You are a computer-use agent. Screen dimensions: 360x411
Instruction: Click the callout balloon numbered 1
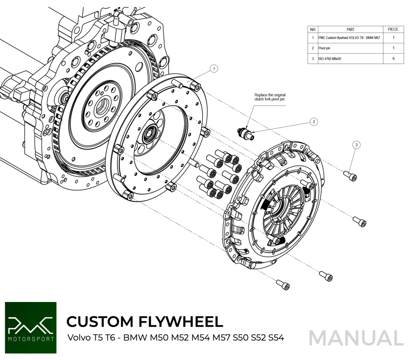click(x=214, y=69)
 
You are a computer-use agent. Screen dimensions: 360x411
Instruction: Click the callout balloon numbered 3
click(x=356, y=145)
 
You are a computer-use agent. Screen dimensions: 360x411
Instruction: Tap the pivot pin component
click(x=246, y=133)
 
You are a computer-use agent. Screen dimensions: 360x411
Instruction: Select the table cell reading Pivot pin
click(x=324, y=48)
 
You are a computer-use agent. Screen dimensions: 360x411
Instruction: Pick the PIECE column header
click(x=393, y=29)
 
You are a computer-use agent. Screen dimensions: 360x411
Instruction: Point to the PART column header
click(x=350, y=29)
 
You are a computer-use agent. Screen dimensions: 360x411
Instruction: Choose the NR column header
click(x=313, y=29)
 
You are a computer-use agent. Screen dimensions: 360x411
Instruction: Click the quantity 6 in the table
click(x=393, y=59)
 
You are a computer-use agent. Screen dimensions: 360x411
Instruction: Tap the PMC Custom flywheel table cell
click(x=349, y=38)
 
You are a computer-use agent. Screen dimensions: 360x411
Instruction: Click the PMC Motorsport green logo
click(x=31, y=328)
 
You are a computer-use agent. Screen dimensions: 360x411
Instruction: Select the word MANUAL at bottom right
click(x=356, y=337)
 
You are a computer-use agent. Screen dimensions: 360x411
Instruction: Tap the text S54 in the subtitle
click(x=277, y=337)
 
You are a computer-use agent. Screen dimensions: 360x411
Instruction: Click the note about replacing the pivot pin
click(x=270, y=97)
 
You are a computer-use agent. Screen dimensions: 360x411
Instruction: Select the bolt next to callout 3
click(x=350, y=176)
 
